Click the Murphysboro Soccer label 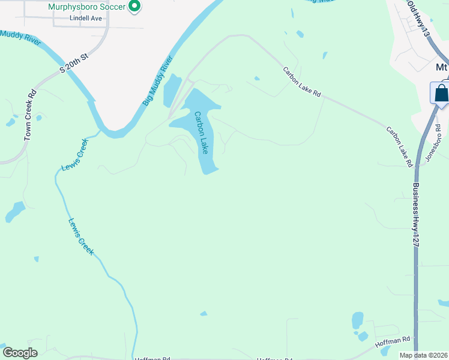pyautogui.click(x=87, y=7)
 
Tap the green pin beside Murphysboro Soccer pyautogui.click(x=135, y=7)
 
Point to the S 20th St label pyautogui.click(x=74, y=62)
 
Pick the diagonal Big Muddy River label pyautogui.click(x=158, y=82)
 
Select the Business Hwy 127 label pyautogui.click(x=415, y=212)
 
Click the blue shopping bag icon pyautogui.click(x=441, y=94)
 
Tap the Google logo pyautogui.click(x=20, y=353)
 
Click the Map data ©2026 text pyautogui.click(x=424, y=355)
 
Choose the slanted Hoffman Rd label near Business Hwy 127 pyautogui.click(x=393, y=342)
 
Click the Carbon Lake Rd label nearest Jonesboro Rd pyautogui.click(x=400, y=146)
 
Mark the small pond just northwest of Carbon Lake pyautogui.click(x=172, y=89)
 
